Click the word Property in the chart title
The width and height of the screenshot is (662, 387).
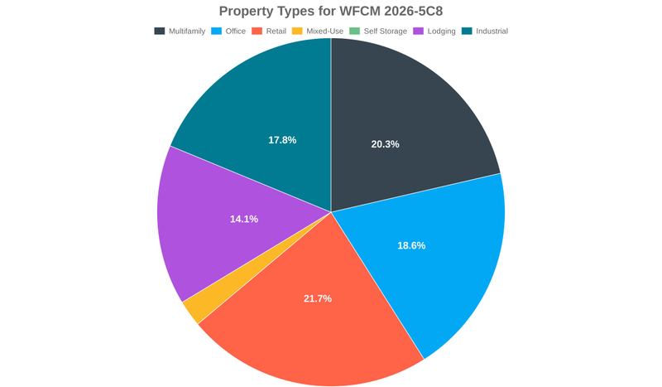[x=247, y=11]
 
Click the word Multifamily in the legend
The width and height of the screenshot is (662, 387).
[x=187, y=31]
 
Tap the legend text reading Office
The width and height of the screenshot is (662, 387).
[x=236, y=31]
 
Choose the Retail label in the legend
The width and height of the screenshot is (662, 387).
[x=276, y=31]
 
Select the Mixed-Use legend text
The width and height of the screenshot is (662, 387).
[x=324, y=31]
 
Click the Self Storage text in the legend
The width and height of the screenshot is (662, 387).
[x=384, y=31]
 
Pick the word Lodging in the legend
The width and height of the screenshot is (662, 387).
[x=441, y=31]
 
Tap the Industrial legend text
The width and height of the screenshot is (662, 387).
[x=492, y=31]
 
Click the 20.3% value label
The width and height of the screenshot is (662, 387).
[x=385, y=144]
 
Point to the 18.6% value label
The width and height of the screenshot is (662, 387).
[x=411, y=246]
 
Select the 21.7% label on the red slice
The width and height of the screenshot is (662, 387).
[x=318, y=298]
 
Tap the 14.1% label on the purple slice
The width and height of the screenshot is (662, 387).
[x=244, y=220]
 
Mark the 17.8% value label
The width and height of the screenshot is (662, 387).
[x=282, y=140]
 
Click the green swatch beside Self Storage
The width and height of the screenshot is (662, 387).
[x=355, y=31]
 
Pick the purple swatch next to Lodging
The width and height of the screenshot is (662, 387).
[x=419, y=31]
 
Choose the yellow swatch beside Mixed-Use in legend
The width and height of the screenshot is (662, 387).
[x=297, y=31]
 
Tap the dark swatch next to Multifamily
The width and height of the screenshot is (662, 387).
[x=159, y=31]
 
